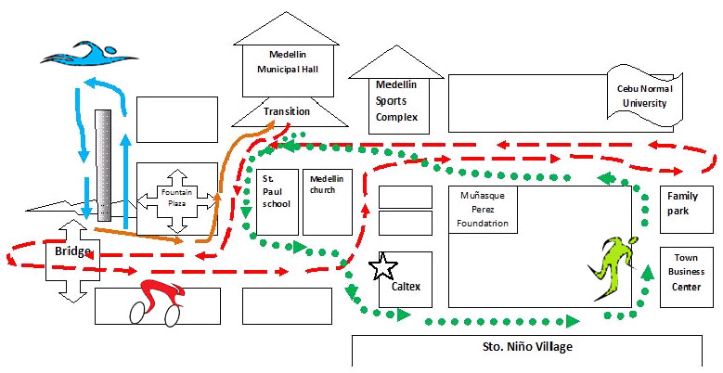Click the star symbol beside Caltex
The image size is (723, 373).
pyautogui.click(x=381, y=267)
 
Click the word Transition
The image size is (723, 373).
pyautogui.click(x=287, y=111)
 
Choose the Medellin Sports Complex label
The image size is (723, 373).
pyautogui.click(x=396, y=100)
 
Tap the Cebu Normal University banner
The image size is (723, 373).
pyautogui.click(x=644, y=96)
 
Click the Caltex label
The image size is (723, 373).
pyautogui.click(x=406, y=286)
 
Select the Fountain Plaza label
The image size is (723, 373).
pyautogui.click(x=176, y=198)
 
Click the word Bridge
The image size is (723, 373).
pyautogui.click(x=72, y=251)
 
